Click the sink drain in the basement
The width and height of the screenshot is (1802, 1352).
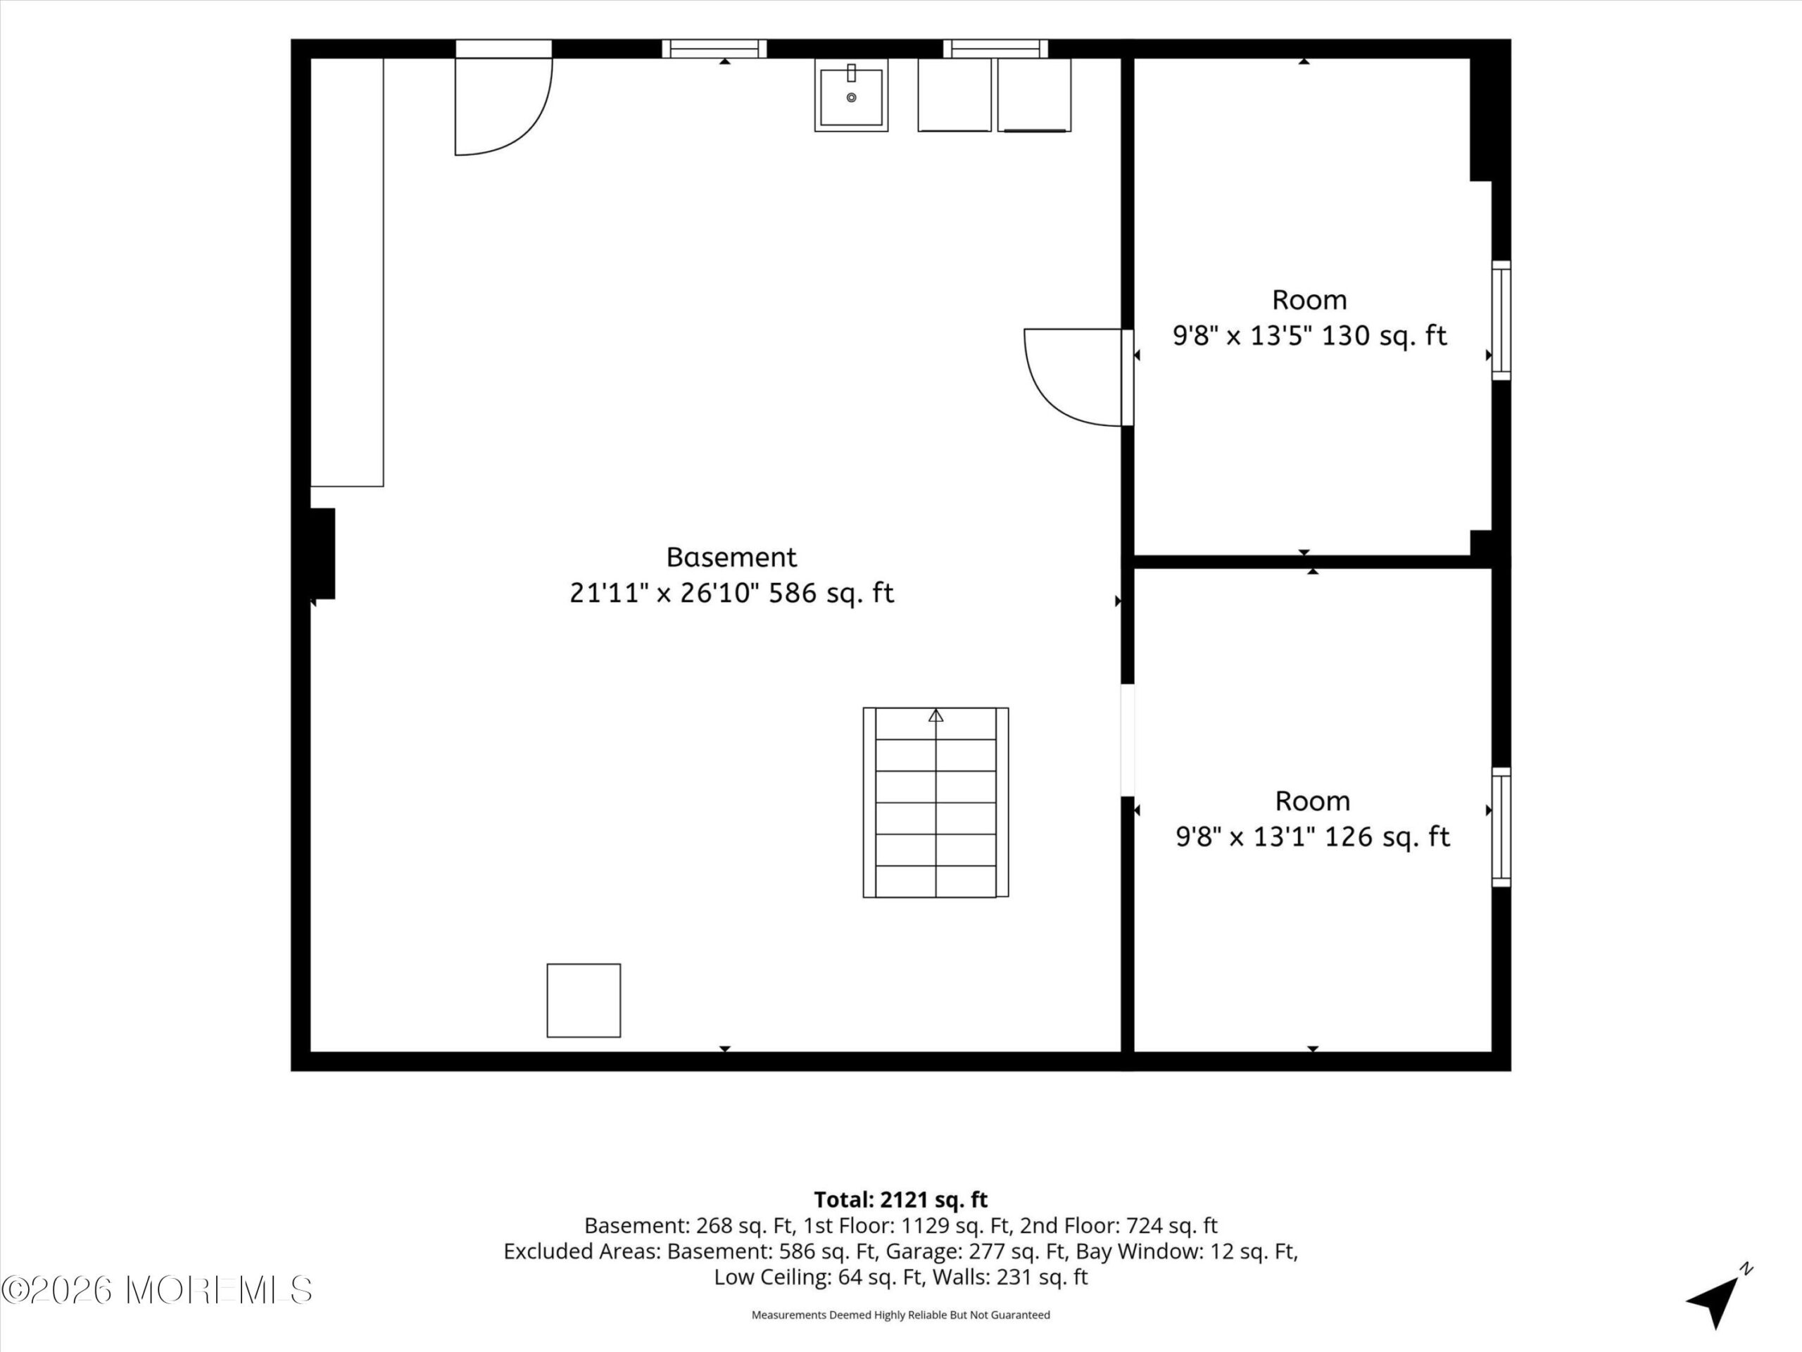point(851,98)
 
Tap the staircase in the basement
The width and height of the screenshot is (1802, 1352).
point(936,803)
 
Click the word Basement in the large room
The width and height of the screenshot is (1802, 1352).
point(731,558)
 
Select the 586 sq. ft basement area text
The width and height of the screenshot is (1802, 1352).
point(731,592)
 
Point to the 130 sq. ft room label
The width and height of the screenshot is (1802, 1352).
point(1309,318)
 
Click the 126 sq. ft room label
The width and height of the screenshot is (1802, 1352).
point(1312,819)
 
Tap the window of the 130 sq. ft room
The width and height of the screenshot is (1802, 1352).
point(1501,320)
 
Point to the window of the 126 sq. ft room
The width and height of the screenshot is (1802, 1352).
point(1501,827)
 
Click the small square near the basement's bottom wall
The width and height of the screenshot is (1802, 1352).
point(584,1001)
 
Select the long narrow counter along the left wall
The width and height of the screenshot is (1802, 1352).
point(347,273)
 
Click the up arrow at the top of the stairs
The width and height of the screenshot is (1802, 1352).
point(936,715)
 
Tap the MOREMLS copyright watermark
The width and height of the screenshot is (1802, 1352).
point(156,1290)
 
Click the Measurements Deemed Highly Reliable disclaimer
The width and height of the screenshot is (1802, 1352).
point(900,1315)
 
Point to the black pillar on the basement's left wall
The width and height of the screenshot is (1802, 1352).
point(322,553)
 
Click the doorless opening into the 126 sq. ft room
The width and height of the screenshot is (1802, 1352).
point(1128,740)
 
